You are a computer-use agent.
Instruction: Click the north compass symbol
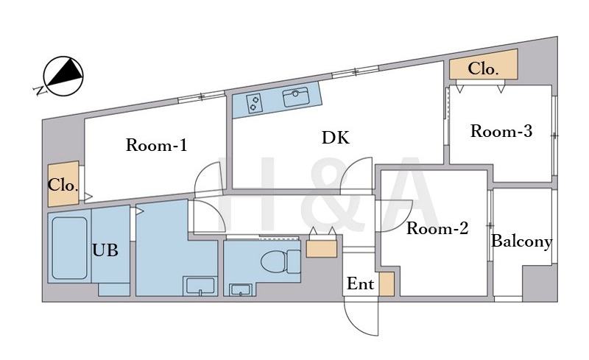63,76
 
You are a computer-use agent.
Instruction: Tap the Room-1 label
156,145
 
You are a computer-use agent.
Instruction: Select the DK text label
336,138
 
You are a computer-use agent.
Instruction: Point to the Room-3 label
501,131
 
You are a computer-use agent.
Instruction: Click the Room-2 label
437,228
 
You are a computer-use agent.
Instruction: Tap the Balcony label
521,241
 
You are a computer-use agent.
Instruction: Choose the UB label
105,250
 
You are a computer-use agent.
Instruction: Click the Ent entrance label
360,283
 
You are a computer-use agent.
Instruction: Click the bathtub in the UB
69,248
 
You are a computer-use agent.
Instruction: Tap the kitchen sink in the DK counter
296,97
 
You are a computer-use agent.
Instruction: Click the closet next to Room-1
63,184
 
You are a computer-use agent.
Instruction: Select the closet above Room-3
484,64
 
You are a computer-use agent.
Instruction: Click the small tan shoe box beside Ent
387,284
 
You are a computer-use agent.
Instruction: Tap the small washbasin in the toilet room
241,290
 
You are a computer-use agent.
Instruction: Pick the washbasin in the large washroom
200,286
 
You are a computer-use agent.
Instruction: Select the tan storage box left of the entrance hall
322,249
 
